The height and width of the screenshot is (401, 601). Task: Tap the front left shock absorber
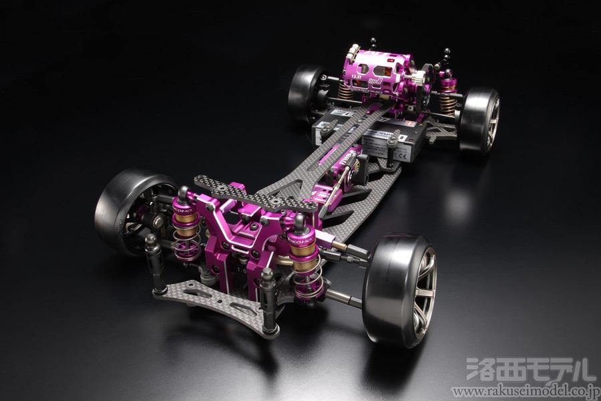tap(185, 224)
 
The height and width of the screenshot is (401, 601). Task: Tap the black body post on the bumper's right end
tap(268, 304)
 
